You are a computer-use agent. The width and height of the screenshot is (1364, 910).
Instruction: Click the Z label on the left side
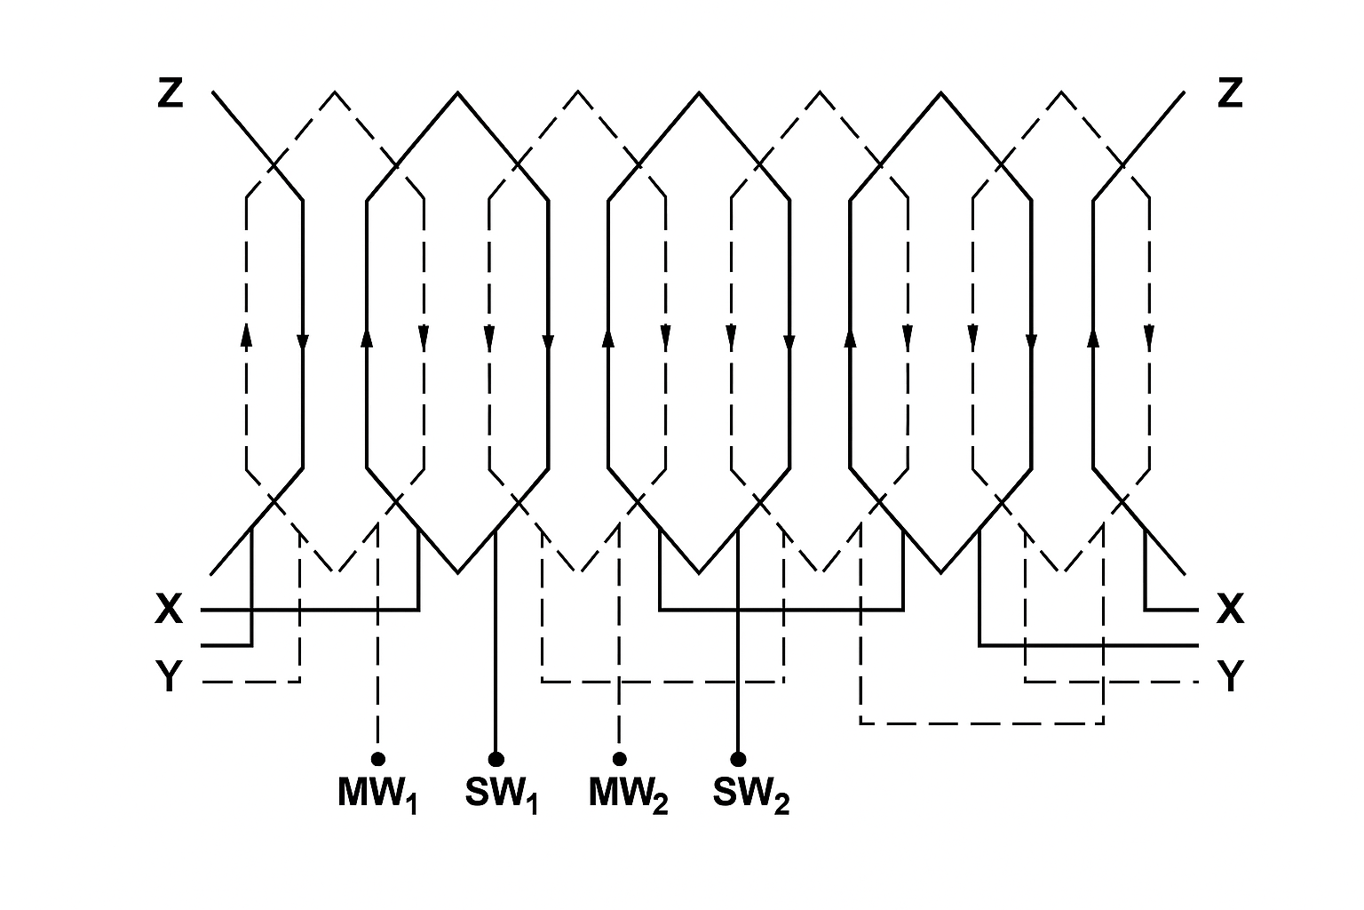pos(170,92)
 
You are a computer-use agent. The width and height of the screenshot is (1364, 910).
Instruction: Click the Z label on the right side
pos(1229,92)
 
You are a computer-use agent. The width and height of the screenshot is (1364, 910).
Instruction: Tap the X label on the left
pos(169,610)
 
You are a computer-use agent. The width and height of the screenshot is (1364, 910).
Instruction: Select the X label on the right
pos(1230,610)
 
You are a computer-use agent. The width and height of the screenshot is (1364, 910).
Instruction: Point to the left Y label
pos(169,678)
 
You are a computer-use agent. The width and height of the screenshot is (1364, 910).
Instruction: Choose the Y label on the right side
pos(1230,678)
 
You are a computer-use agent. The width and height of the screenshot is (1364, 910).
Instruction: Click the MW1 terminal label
pos(377,794)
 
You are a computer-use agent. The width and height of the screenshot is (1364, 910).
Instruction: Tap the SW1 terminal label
pos(501,794)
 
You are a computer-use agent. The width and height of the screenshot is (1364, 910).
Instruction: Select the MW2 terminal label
pos(628,794)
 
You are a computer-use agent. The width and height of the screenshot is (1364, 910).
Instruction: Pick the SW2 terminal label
pos(750,794)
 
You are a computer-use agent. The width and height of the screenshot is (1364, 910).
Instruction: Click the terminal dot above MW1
pos(378,758)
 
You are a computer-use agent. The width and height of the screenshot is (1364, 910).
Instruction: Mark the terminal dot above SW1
pos(496,758)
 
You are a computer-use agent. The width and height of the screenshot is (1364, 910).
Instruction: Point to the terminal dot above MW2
pos(620,758)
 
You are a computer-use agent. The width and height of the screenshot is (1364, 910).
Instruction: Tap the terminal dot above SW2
pos(738,758)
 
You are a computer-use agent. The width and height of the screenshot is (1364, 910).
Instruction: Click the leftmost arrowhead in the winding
pos(246,334)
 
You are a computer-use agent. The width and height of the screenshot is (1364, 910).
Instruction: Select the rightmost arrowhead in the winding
pos(1150,338)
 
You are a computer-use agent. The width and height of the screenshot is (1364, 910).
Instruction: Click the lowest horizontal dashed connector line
pos(981,723)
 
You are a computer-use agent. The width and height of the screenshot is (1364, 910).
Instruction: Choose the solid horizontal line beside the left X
pos(311,611)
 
